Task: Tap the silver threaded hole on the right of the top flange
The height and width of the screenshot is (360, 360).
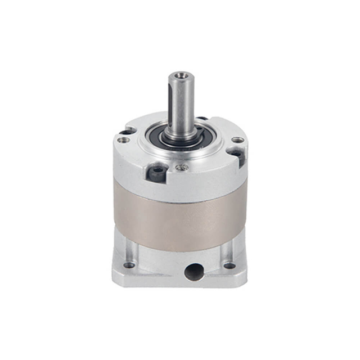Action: [x=238, y=139]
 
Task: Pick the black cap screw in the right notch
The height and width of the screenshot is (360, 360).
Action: [x=237, y=154]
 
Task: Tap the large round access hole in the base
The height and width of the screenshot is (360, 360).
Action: [x=192, y=272]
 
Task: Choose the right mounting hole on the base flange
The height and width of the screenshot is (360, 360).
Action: [x=229, y=265]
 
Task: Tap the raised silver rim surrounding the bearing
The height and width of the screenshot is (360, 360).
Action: [x=180, y=152]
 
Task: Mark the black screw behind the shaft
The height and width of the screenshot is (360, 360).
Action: [x=201, y=119]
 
